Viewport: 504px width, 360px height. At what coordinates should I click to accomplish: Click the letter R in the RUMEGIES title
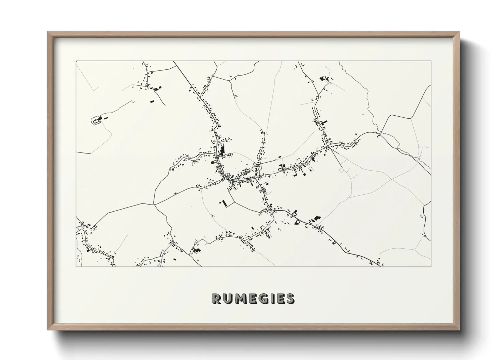217,298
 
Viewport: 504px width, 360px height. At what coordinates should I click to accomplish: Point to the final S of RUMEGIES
290,298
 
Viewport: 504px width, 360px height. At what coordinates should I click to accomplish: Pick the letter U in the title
229,298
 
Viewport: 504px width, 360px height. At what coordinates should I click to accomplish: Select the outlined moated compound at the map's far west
97,120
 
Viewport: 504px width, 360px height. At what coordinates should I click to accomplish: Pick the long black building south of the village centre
224,203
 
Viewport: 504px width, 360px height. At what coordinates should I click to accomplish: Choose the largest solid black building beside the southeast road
317,218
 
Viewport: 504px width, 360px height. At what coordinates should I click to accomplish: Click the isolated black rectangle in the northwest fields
152,101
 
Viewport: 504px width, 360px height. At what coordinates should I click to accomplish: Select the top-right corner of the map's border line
430,61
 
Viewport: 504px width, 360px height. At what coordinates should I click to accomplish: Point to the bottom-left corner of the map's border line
76,266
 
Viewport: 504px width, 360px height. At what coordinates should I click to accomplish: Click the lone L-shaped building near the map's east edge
422,216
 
